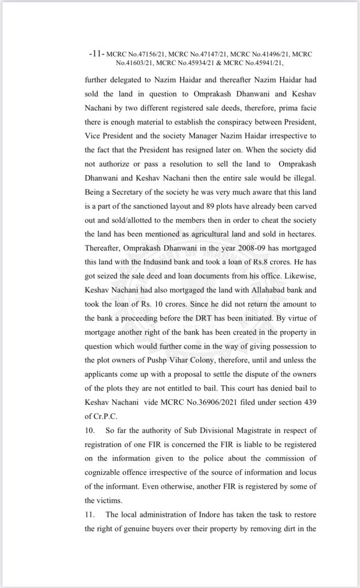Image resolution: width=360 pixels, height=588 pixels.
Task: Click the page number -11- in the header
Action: pyautogui.click(x=96, y=53)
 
